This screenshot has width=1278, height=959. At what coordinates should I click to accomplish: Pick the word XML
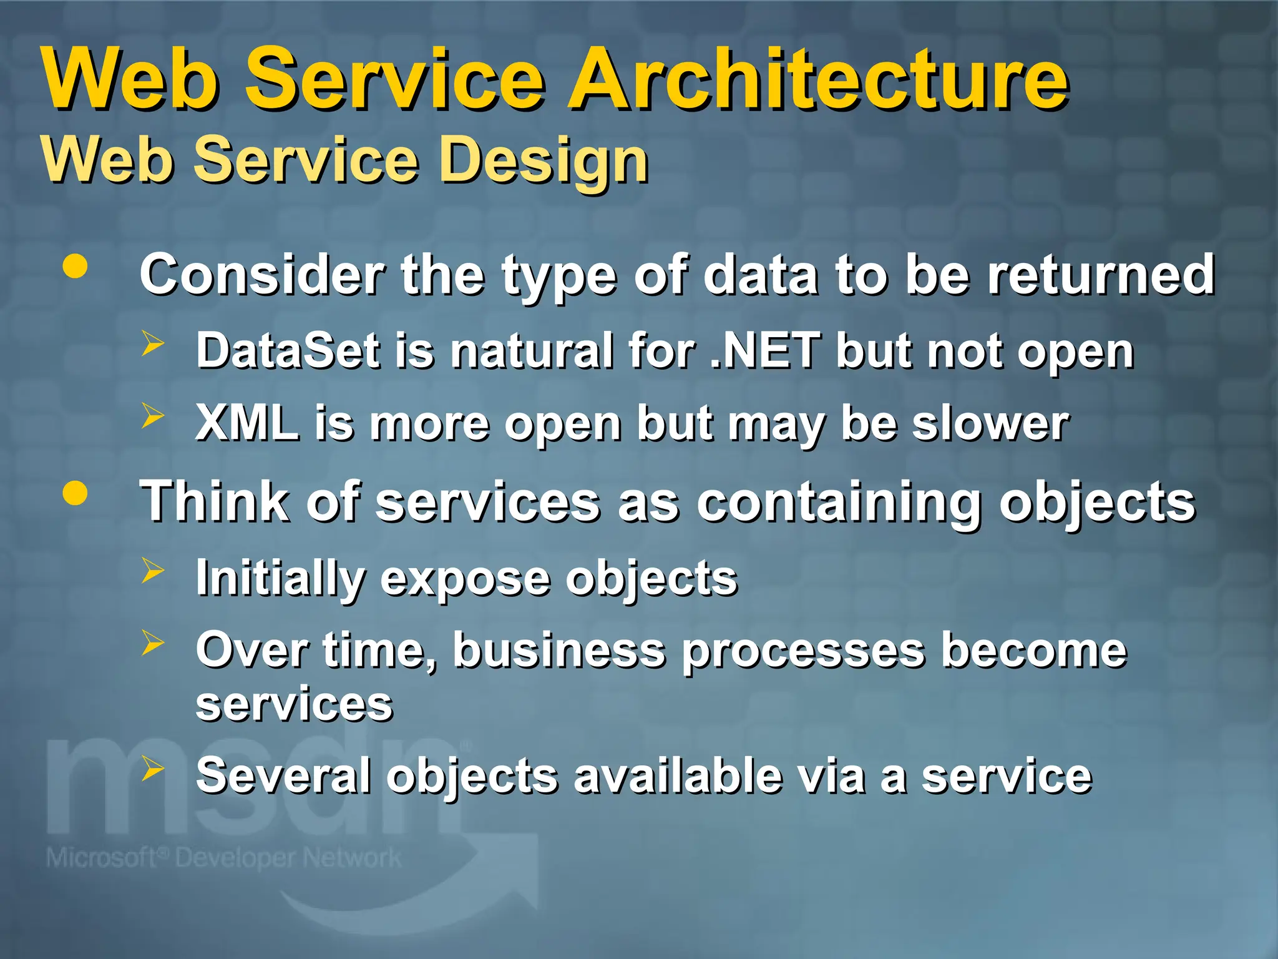pos(247,423)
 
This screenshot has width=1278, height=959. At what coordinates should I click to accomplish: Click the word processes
pos(803,651)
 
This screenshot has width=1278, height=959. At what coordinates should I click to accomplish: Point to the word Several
pos(284,775)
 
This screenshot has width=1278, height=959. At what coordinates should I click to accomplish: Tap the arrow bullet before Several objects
pos(152,769)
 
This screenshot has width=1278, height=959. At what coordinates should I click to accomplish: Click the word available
pos(677,775)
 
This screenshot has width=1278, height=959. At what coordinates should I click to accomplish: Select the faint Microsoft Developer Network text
pos(223,858)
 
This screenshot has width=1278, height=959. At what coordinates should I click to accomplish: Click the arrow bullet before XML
pos(152,416)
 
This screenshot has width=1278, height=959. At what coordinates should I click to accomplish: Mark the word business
pos(559,651)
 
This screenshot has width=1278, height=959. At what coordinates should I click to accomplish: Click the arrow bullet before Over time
pos(152,642)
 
